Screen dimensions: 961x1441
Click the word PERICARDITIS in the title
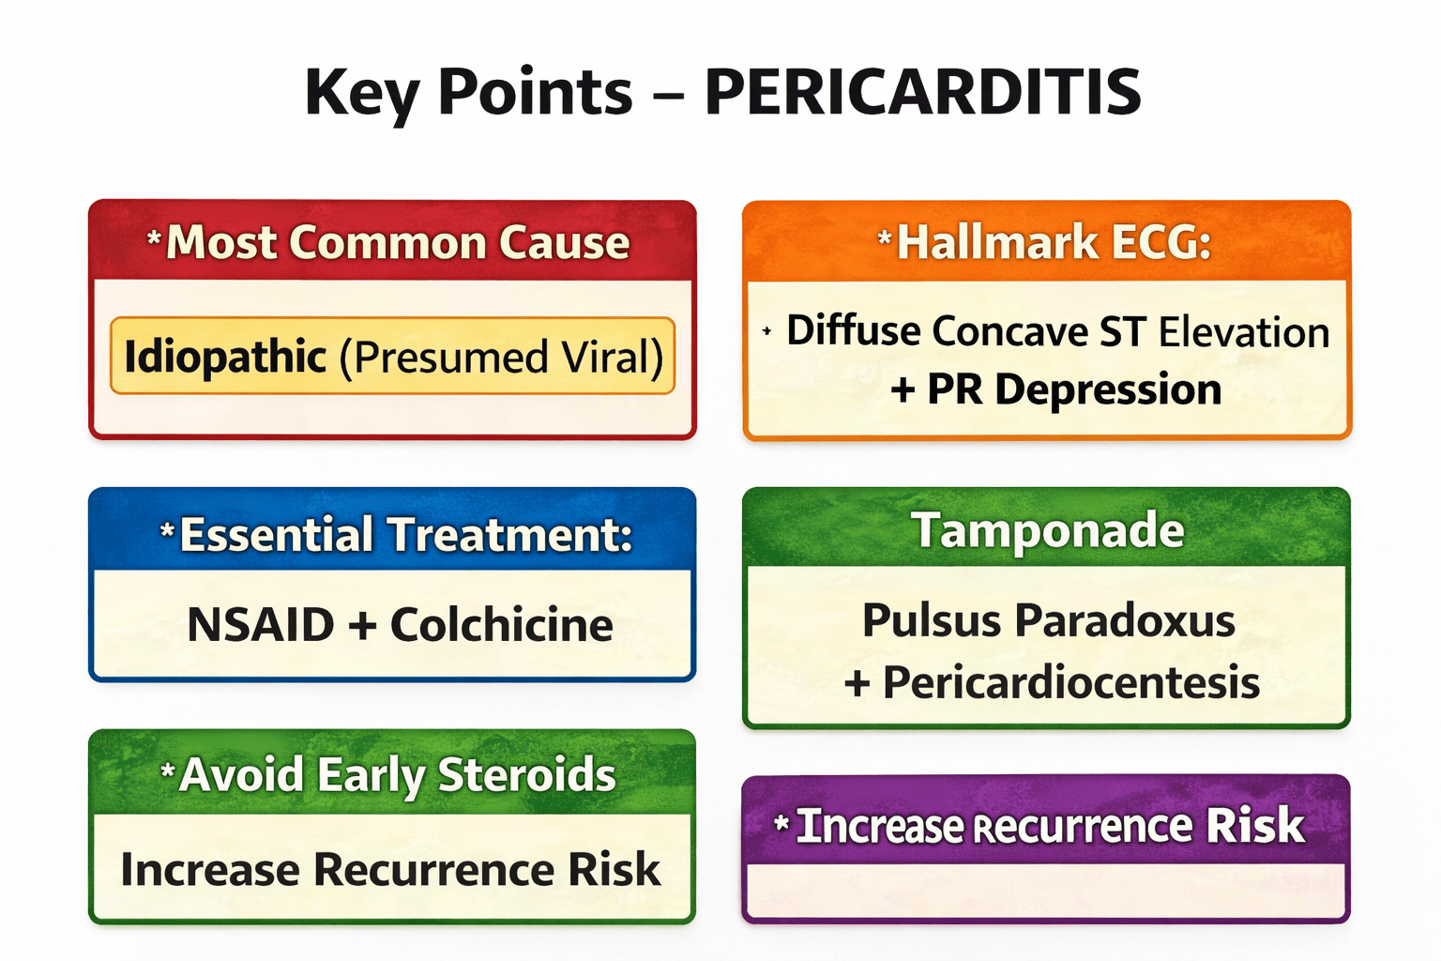[922, 92]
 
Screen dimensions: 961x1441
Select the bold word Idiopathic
[225, 357]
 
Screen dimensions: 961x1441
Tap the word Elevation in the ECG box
[1244, 332]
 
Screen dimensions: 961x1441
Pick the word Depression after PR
[1108, 389]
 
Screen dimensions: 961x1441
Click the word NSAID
[261, 625]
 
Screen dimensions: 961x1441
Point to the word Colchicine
[502, 625]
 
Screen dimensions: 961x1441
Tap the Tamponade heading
[1047, 530]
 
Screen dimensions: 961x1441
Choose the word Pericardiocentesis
[1070, 682]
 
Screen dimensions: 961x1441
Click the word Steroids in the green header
[526, 775]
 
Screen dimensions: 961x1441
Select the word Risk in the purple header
[1254, 826]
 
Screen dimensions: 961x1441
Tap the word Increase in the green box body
[210, 869]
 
